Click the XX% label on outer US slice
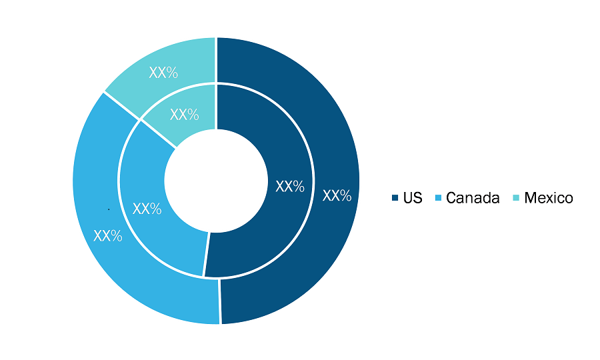click(337, 195)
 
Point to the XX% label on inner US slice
click(290, 186)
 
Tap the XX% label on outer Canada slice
click(108, 236)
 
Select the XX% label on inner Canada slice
click(147, 209)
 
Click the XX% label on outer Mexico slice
click(163, 72)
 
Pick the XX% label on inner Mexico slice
click(185, 115)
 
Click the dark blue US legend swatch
click(395, 198)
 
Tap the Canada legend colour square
click(438, 198)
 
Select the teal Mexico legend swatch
click(516, 198)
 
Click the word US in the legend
click(413, 198)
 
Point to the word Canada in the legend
click(473, 198)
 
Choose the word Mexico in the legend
click(549, 198)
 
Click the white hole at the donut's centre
click(216, 181)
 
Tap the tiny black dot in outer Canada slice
click(109, 209)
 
